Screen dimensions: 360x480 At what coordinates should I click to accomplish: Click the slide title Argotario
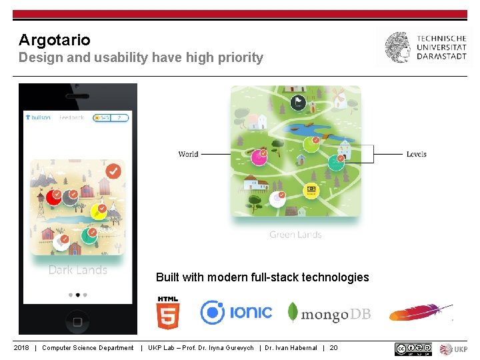click(54, 40)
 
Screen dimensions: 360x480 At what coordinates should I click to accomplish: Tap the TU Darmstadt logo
click(425, 47)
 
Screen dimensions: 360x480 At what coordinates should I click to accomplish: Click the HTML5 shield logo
click(168, 313)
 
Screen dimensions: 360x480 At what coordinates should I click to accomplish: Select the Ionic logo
click(236, 312)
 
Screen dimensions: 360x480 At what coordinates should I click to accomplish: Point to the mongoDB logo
click(329, 313)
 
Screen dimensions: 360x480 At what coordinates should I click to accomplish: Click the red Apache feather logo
click(421, 311)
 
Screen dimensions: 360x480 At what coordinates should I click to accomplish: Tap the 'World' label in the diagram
click(188, 154)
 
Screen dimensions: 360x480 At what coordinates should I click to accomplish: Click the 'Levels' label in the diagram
click(416, 154)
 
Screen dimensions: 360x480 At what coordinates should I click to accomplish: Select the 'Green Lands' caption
click(295, 235)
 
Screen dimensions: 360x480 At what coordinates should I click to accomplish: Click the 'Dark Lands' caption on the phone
click(77, 270)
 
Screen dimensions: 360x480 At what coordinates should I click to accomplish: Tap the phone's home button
click(77, 322)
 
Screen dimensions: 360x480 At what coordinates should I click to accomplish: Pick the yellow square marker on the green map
click(311, 191)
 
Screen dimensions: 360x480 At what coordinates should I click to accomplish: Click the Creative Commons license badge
click(413, 349)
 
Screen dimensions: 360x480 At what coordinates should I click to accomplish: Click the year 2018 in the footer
click(21, 348)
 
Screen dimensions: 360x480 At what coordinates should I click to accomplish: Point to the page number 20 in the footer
click(333, 348)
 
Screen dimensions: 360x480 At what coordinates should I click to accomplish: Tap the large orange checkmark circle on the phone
click(113, 172)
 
